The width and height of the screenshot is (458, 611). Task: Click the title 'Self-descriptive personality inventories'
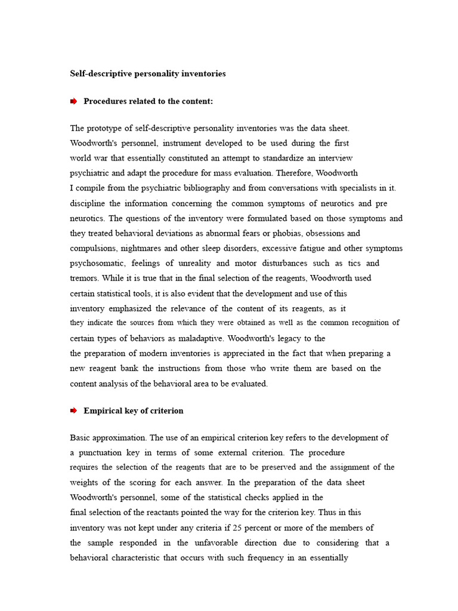coord(148,74)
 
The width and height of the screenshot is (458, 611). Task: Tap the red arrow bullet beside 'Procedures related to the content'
coord(74,101)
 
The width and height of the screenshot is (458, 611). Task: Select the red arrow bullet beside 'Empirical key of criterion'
coord(74,411)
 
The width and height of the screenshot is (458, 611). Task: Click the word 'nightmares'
coord(146,248)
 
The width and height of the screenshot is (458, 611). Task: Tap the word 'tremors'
coord(84,278)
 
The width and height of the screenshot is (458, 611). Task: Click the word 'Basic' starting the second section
coord(81,438)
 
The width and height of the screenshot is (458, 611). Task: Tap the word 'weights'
coord(85,482)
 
